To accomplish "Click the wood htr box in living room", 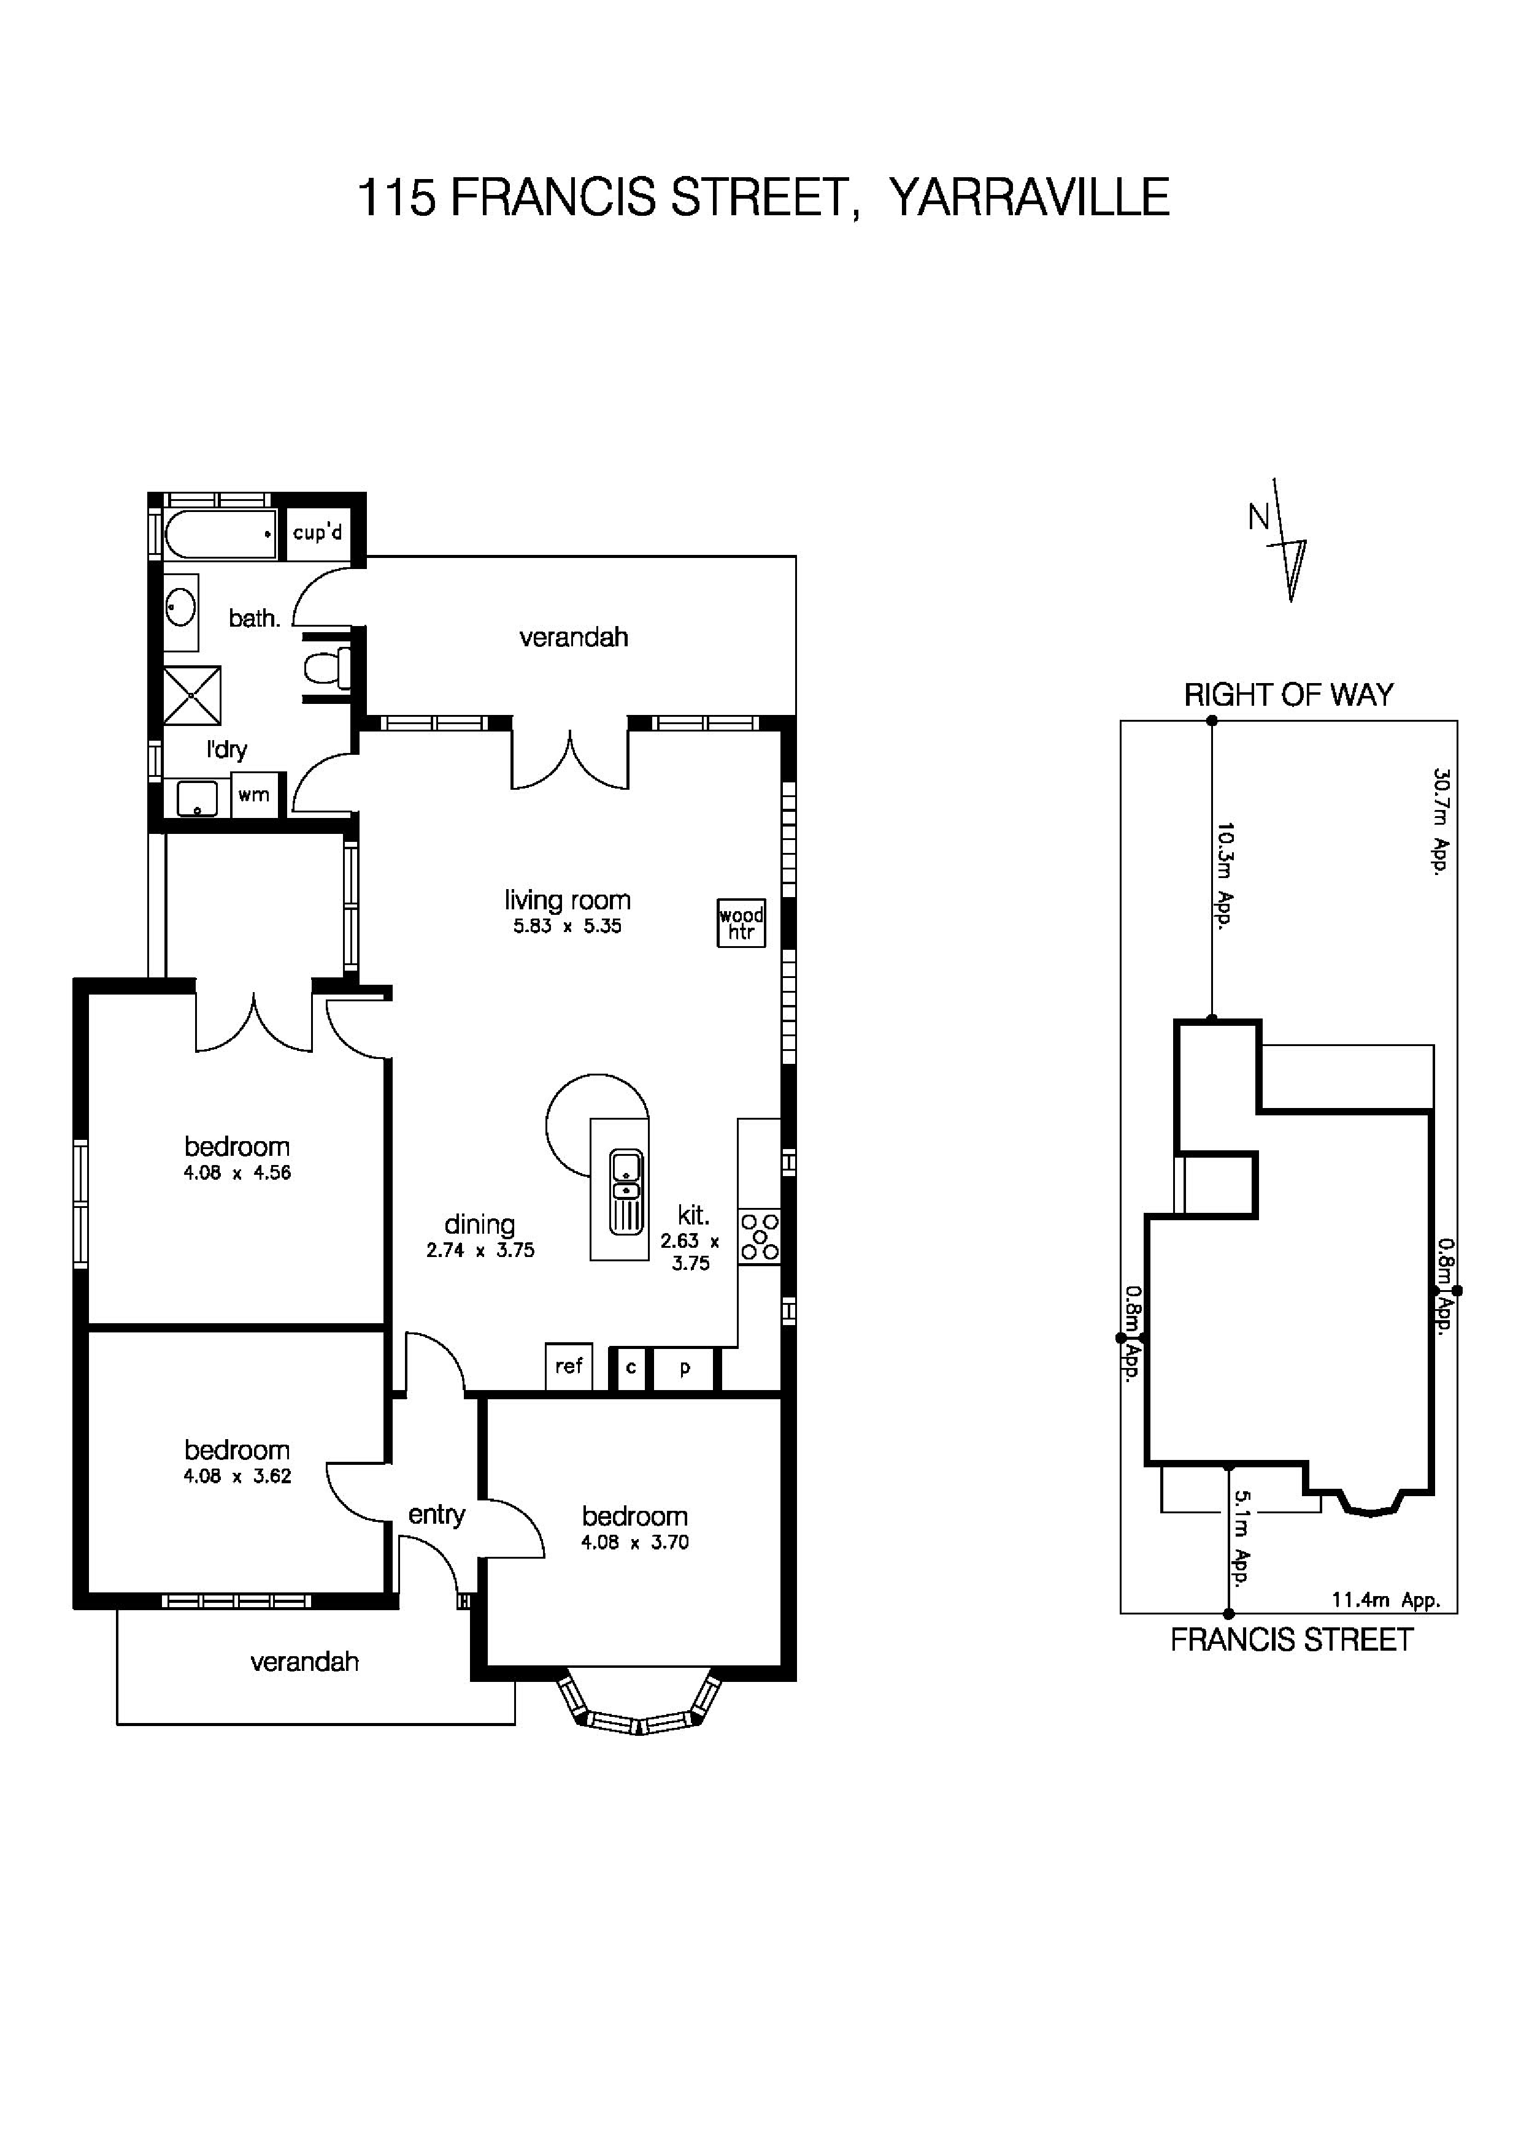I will (x=741, y=923).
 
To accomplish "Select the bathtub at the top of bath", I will (x=220, y=534).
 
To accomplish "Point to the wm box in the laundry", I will (x=253, y=795).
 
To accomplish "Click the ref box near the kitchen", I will (x=569, y=1367).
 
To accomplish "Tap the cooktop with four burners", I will (x=759, y=1237).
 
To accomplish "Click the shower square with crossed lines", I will (x=192, y=695).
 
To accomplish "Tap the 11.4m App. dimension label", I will (x=1385, y=1600).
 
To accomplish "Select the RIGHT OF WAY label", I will (x=1288, y=695).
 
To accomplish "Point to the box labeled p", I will (x=685, y=1368).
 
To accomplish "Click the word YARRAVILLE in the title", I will (x=1028, y=197).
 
